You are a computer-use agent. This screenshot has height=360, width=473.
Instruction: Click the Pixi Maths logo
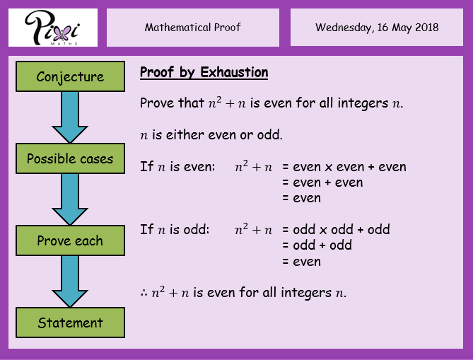(x=53, y=28)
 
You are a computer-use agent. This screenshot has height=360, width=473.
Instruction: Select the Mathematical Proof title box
(x=193, y=28)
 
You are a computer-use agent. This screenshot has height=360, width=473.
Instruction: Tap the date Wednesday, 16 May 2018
(x=377, y=28)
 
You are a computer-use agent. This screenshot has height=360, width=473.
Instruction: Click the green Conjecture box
(x=70, y=76)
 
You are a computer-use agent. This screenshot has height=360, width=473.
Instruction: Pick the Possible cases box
(x=70, y=158)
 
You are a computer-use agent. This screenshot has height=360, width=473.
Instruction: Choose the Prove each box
(x=70, y=240)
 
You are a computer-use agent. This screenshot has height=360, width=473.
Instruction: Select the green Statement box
(x=70, y=323)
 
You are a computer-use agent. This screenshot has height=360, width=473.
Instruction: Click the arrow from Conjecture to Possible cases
(x=70, y=117)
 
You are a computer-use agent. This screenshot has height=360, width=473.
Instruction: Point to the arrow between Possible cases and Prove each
(x=70, y=199)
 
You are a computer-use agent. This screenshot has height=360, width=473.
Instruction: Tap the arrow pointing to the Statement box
(x=70, y=281)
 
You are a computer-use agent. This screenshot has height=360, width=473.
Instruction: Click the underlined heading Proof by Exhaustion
(x=204, y=73)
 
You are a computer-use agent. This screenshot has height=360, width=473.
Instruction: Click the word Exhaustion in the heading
(x=234, y=72)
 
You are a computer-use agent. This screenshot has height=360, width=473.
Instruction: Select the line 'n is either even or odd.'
(x=211, y=135)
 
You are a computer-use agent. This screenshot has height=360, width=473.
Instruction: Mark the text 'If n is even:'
(x=177, y=167)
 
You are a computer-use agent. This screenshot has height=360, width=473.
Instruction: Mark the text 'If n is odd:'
(x=175, y=230)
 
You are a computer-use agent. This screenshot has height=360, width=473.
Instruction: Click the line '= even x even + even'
(x=344, y=167)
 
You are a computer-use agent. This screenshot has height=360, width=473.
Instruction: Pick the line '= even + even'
(x=322, y=182)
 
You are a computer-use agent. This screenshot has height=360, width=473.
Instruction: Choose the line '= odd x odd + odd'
(x=336, y=230)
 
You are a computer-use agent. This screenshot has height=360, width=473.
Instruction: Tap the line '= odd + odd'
(x=317, y=245)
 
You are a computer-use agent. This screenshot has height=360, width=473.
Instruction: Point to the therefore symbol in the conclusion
(x=144, y=293)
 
